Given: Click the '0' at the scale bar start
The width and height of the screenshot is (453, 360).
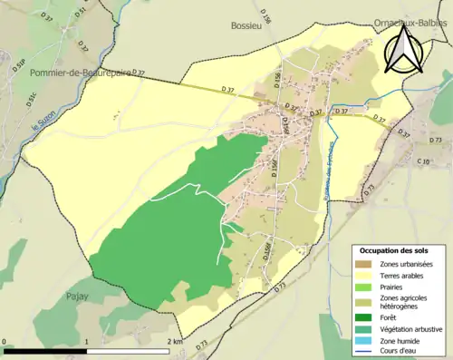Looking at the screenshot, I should tap(6, 342).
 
